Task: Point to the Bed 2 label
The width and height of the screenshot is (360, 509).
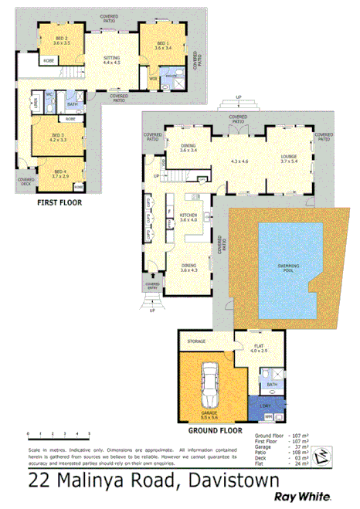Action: tap(62, 39)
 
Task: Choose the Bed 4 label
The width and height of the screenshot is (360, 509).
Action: tap(60, 174)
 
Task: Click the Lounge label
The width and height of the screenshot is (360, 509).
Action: tap(288, 158)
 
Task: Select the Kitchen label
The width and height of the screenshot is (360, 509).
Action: tap(189, 217)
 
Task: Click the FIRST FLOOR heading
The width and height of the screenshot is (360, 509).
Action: tap(59, 202)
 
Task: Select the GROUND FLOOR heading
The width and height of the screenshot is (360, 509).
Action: tap(216, 429)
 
